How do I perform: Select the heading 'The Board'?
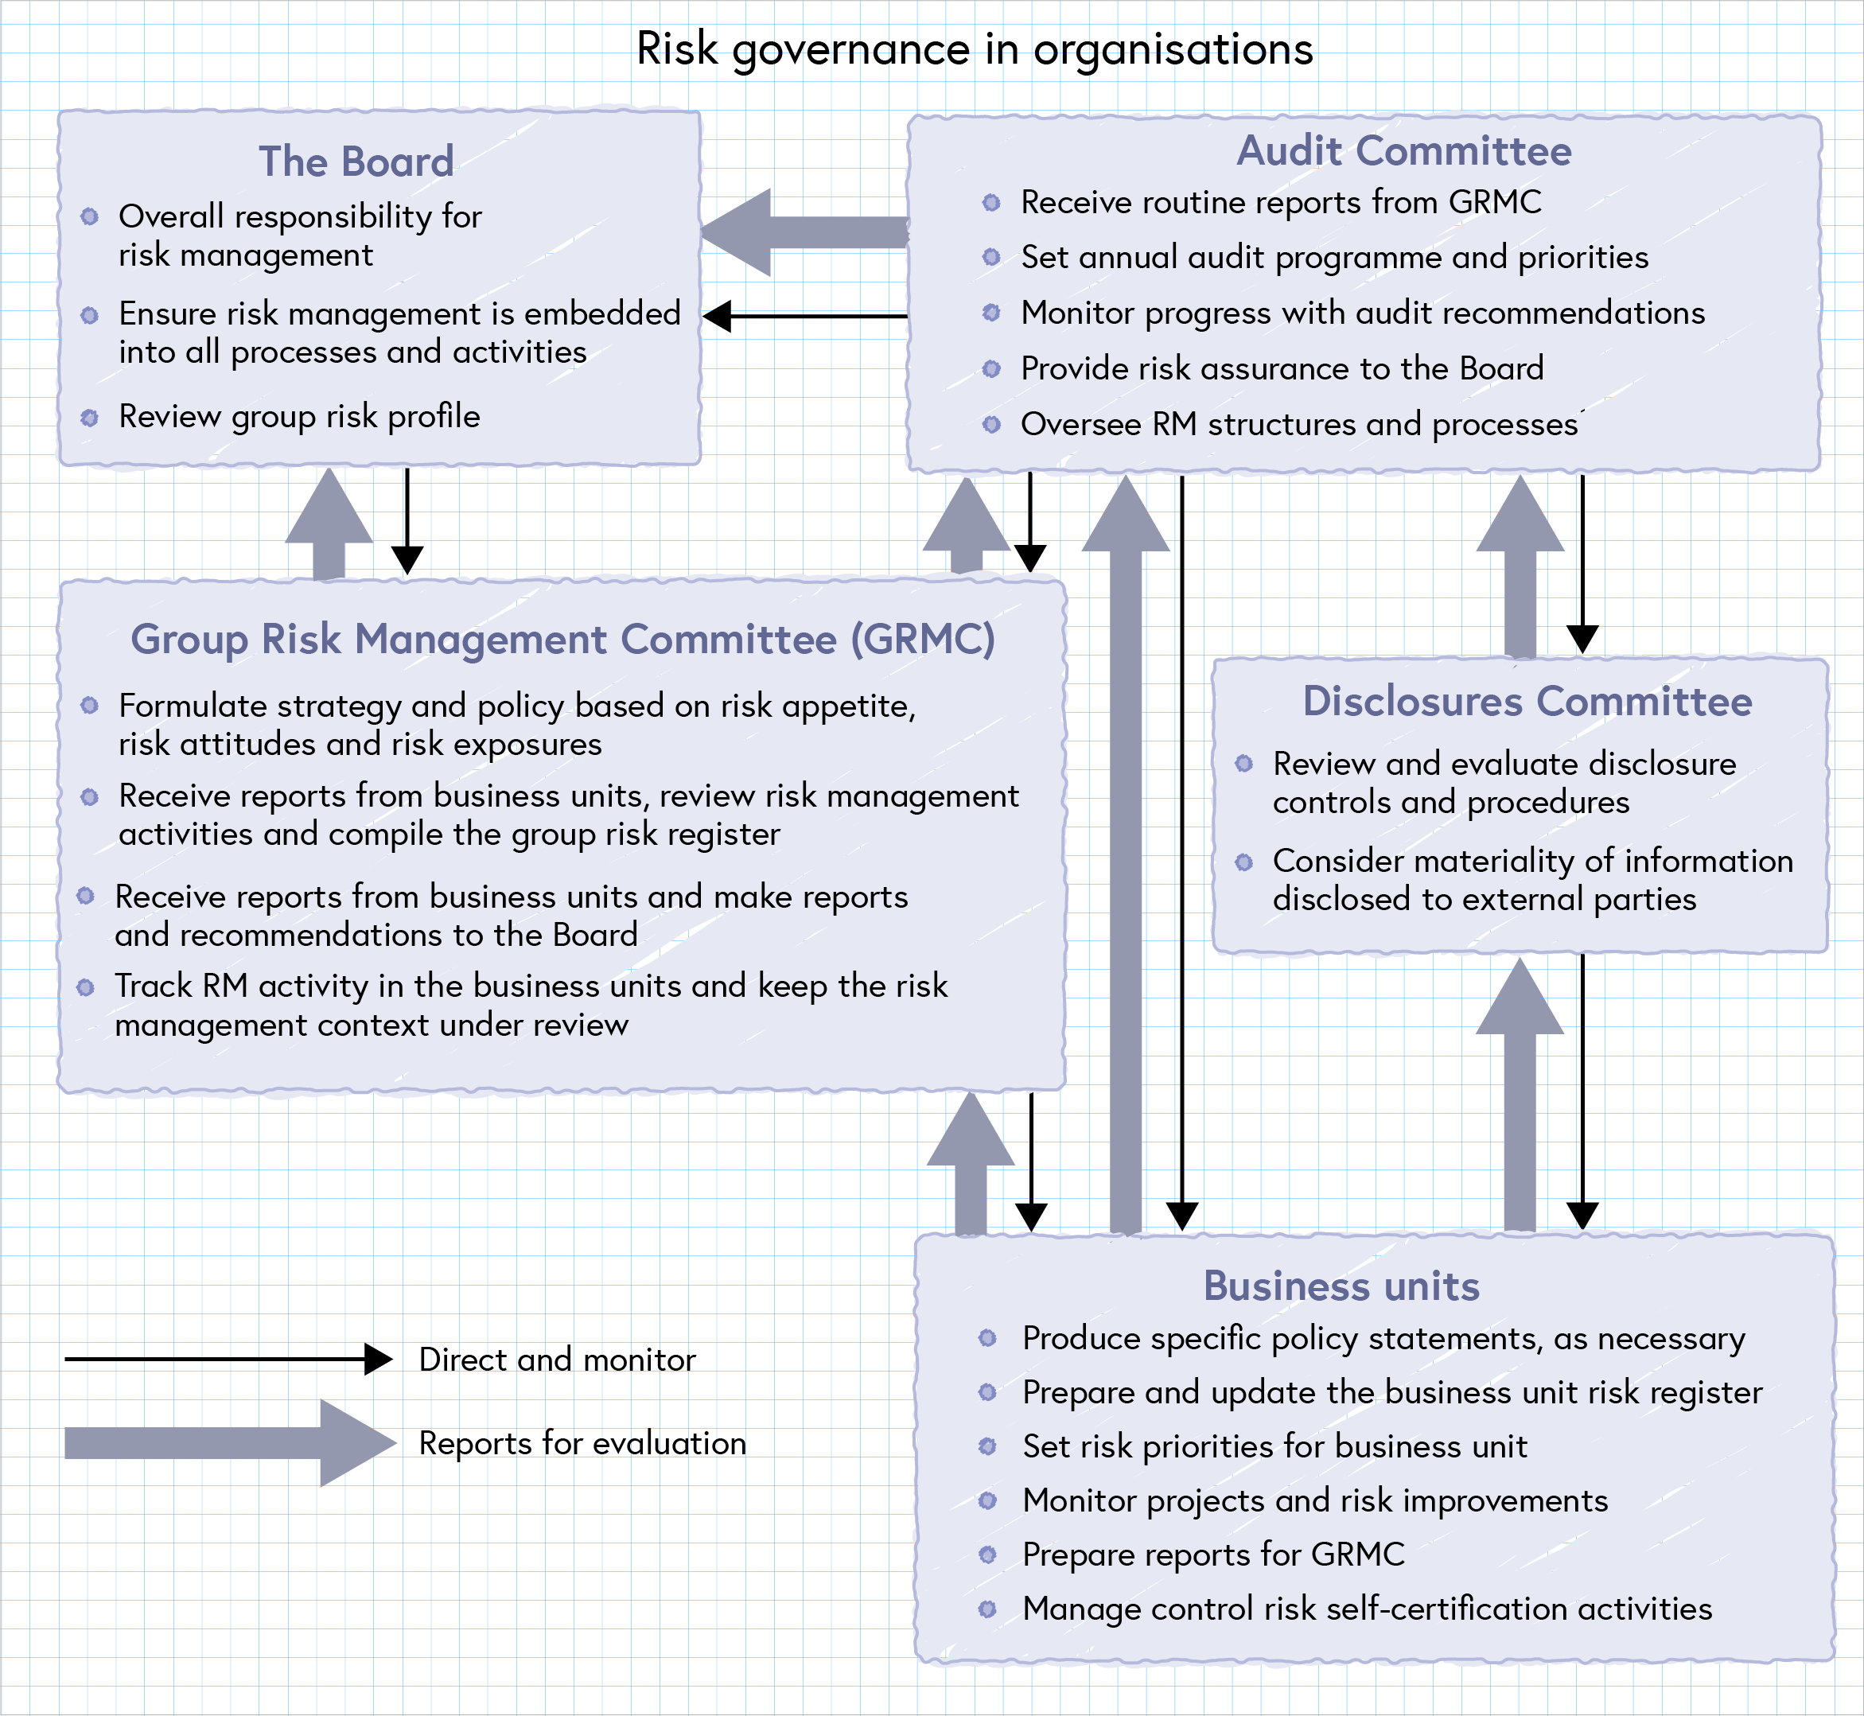click(x=356, y=161)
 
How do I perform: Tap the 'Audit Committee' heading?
click(x=1403, y=151)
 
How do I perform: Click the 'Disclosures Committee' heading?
click(x=1527, y=701)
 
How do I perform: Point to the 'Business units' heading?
click(x=1341, y=1286)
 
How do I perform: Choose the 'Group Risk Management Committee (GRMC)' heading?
click(x=562, y=639)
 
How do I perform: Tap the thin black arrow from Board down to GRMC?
click(x=407, y=520)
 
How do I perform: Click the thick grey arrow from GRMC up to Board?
click(x=329, y=524)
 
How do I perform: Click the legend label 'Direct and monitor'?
click(x=557, y=1360)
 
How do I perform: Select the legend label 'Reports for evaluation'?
click(x=582, y=1443)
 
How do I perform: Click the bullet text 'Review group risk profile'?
click(x=299, y=416)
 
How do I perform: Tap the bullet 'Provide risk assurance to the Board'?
click(x=1282, y=368)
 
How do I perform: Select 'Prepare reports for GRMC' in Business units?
click(x=1213, y=1555)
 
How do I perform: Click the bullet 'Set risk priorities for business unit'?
click(x=1274, y=1446)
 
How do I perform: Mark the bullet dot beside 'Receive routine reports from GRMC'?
click(x=991, y=202)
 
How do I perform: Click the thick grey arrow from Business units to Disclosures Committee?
click(x=1520, y=1095)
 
